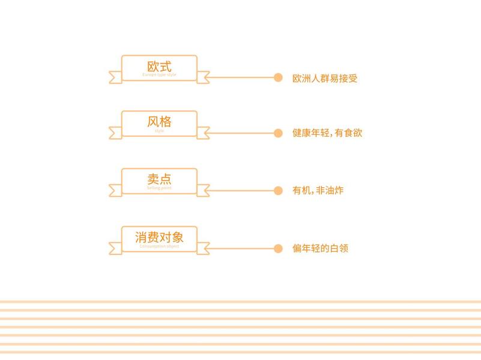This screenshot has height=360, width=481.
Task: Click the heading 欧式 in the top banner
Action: tap(159, 66)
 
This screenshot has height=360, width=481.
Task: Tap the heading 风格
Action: tap(159, 122)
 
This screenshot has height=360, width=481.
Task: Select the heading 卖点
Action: tap(159, 179)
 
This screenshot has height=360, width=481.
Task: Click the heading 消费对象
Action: tap(159, 237)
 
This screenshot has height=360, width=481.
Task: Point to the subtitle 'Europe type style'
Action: tap(159, 75)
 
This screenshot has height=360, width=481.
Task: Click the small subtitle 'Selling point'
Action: tap(159, 188)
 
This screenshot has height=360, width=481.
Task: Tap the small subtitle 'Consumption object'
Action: tap(159, 246)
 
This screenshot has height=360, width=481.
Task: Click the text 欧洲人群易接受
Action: tap(325, 78)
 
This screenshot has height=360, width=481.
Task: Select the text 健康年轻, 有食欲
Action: tap(327, 133)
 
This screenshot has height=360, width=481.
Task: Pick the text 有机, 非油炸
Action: tap(318, 191)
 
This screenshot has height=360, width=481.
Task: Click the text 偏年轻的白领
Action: tap(320, 248)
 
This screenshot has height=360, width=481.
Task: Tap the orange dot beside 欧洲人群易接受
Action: tap(278, 77)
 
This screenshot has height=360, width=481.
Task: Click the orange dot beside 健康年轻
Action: tap(278, 133)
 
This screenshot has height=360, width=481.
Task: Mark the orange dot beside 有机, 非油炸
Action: tap(278, 191)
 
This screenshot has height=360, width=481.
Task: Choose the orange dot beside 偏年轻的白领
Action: tap(278, 248)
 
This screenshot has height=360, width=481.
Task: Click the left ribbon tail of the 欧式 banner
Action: tap(115, 77)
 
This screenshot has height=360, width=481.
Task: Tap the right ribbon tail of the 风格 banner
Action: tap(204, 133)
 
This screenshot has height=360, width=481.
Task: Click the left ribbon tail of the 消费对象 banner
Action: tap(115, 248)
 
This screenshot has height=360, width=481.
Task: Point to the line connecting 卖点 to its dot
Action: tap(240, 191)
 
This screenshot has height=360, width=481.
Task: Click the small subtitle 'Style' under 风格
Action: tap(159, 131)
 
